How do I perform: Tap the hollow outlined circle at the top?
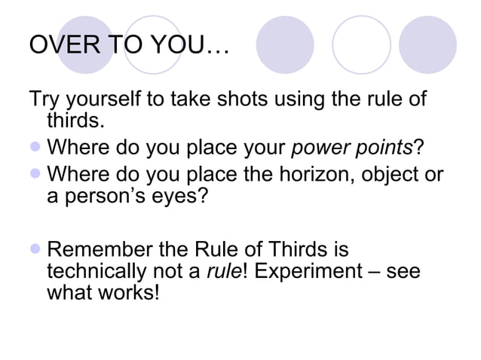[361, 44]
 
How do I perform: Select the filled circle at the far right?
[427, 44]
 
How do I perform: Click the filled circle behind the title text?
[85, 44]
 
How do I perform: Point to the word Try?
[43, 99]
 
